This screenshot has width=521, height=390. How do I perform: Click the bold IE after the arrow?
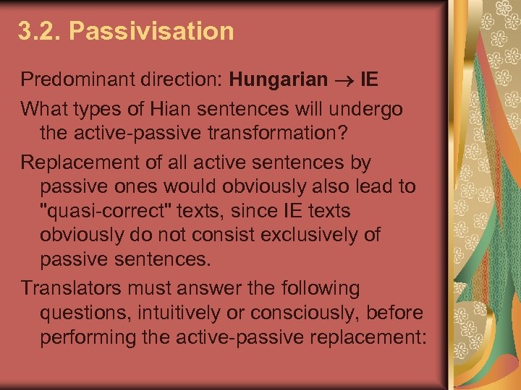[x=369, y=79]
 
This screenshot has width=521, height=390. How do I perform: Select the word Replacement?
[x=76, y=162]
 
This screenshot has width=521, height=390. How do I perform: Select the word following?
[x=319, y=288]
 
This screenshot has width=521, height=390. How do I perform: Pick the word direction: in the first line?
[x=180, y=79]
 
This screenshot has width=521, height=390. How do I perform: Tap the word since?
[x=292, y=211]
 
